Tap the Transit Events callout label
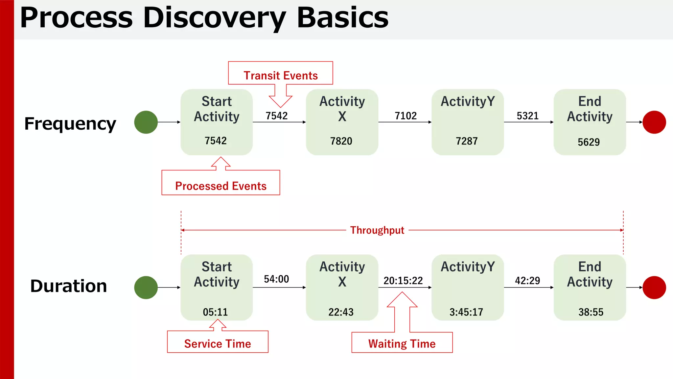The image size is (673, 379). click(280, 75)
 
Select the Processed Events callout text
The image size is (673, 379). click(220, 186)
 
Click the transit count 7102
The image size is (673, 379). click(406, 116)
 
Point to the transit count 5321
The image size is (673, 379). click(527, 116)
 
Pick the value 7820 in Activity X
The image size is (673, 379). click(341, 141)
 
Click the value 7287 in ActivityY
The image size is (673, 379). click(467, 141)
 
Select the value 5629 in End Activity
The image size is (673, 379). click(589, 142)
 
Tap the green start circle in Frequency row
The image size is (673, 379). click(146, 122)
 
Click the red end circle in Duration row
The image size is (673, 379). click(654, 288)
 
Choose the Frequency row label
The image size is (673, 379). click(70, 124)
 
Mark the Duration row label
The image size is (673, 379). click(68, 286)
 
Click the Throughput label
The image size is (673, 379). click(377, 230)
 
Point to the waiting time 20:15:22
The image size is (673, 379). click(403, 281)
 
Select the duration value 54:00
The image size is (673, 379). click(276, 279)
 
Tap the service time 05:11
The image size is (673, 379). click(215, 312)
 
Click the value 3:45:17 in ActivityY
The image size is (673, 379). click(466, 312)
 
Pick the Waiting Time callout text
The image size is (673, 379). click(402, 344)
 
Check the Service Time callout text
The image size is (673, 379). click(218, 344)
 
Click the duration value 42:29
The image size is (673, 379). click(527, 281)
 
